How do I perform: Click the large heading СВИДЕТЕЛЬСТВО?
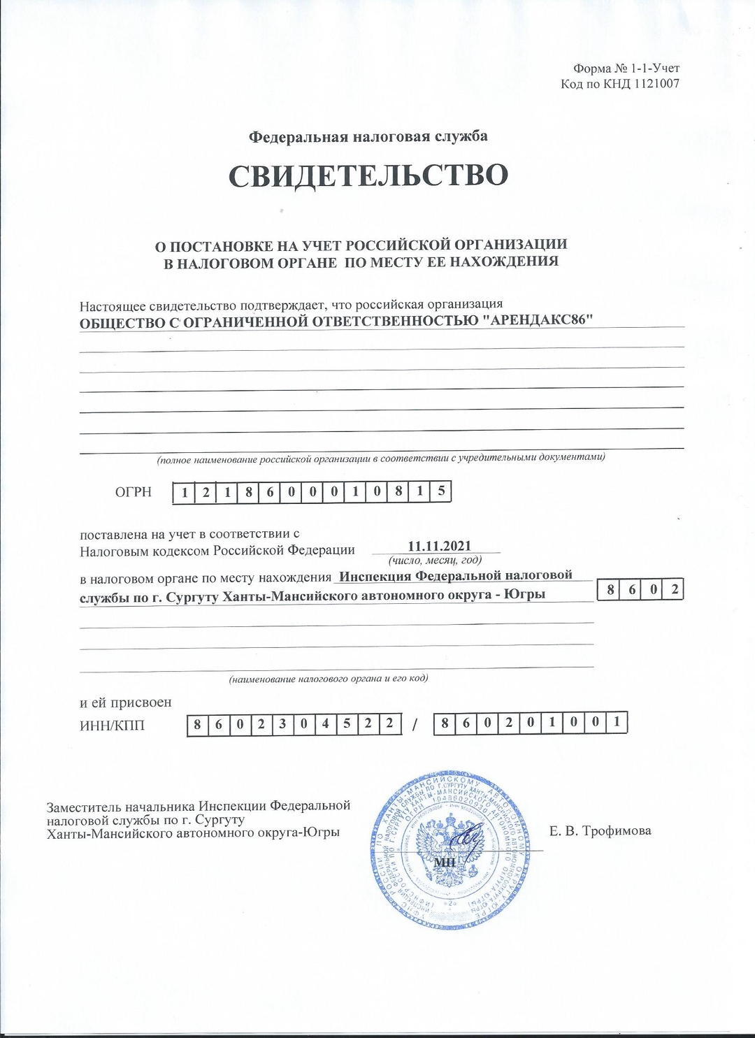tap(368, 175)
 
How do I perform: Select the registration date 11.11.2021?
tap(439, 546)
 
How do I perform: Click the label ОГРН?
tap(133, 492)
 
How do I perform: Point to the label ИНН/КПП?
tap(112, 725)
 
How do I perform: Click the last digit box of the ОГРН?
tap(441, 492)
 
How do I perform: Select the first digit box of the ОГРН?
tap(184, 492)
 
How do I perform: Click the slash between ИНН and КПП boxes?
tap(416, 725)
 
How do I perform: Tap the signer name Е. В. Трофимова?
tap(600, 831)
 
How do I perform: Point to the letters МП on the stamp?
tap(445, 862)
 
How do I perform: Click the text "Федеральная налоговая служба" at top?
tap(368, 136)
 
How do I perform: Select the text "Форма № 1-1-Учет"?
tap(626, 69)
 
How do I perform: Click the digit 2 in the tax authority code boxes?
tap(674, 590)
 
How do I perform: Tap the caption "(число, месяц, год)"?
tap(435, 560)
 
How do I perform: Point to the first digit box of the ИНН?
tap(197, 724)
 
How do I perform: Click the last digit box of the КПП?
tap(617, 723)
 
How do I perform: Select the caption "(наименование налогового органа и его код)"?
tap(329, 678)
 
